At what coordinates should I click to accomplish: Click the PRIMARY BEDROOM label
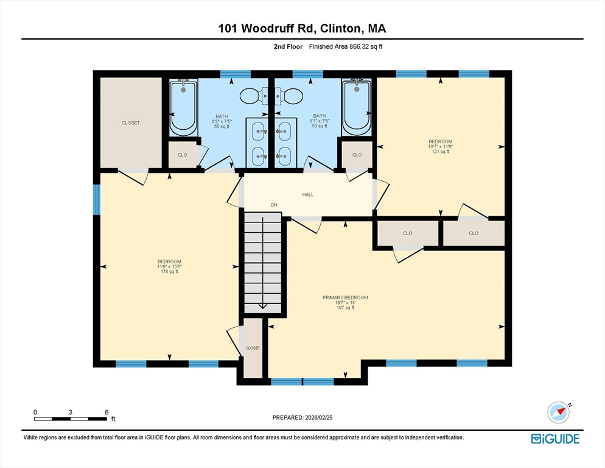pos(345,297)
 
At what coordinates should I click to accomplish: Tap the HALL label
pos(308,195)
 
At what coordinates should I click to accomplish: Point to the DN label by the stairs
pos(274,205)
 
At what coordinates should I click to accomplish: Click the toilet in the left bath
pos(254,96)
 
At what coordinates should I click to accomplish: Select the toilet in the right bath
pos(289,96)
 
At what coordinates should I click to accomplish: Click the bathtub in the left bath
pos(183,107)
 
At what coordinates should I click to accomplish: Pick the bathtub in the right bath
pos(357,107)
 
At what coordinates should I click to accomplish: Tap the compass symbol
pos(559,413)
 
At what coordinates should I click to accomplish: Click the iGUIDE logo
pos(555,439)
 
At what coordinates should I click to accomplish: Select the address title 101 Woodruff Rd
pos(267,28)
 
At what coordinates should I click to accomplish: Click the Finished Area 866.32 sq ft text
pos(346,47)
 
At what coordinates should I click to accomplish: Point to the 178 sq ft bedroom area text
pos(169,272)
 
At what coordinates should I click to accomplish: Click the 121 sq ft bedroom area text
pos(440,152)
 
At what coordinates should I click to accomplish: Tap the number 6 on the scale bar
pos(107,413)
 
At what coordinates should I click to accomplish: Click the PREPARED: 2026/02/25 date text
pos(302,418)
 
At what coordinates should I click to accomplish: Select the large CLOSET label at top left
pos(131,123)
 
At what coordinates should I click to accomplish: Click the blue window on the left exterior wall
pos(97,199)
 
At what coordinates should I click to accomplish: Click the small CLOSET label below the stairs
pos(253,348)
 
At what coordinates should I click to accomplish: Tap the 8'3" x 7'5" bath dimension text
pos(222,121)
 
